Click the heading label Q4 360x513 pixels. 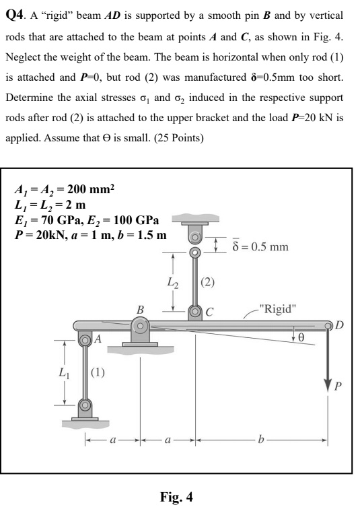(15, 14)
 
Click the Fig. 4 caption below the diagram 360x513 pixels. (176, 498)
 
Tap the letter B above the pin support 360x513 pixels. (141, 309)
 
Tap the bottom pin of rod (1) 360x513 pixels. (85, 406)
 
